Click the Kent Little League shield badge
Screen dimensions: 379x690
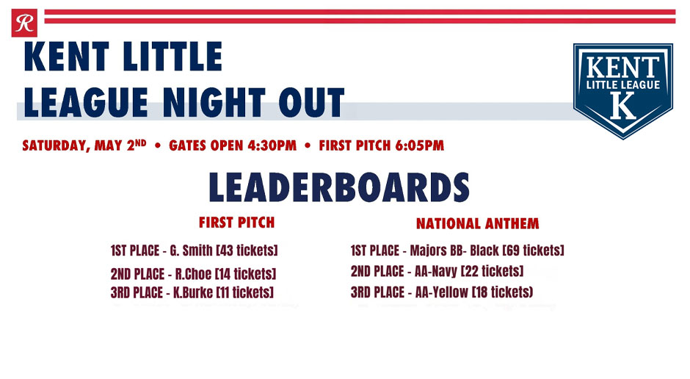coord(622,90)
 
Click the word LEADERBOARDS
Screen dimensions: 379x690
coord(339,188)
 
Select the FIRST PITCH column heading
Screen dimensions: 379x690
coord(236,222)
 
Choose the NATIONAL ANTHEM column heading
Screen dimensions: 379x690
coord(477,223)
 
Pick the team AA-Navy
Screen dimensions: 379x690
coord(436,271)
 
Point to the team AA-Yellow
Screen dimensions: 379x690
coord(441,292)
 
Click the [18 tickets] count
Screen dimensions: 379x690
coord(504,292)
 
